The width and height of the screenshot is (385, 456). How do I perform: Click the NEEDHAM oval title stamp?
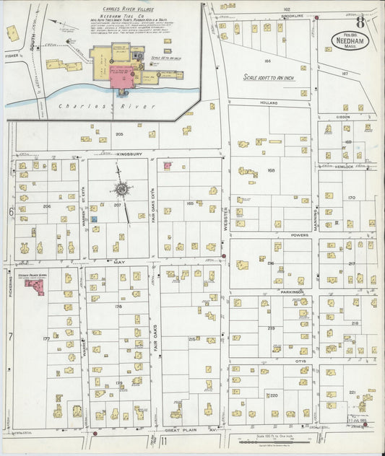tap(352, 40)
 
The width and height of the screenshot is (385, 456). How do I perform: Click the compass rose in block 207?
tap(121, 190)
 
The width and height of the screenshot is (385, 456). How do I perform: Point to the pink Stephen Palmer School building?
tap(35, 286)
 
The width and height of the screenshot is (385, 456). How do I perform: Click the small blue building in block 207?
tap(94, 218)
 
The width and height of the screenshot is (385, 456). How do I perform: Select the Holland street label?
tap(269, 102)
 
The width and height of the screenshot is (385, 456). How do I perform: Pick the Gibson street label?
tap(342, 116)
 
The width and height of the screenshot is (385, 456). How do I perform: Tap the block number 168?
tap(271, 170)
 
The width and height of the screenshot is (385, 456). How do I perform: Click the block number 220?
tap(274, 395)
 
